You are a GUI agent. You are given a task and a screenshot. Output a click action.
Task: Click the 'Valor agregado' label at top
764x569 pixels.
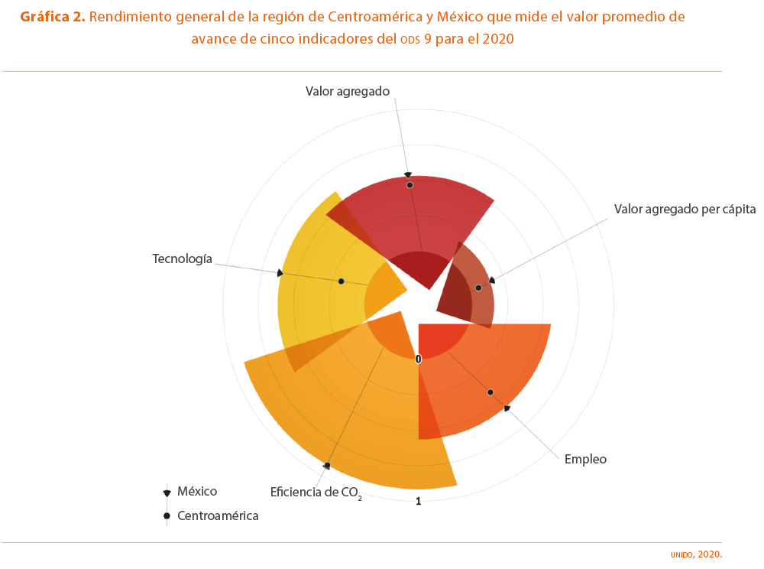(348, 91)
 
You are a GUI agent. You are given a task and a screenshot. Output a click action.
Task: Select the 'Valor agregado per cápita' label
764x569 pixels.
(685, 210)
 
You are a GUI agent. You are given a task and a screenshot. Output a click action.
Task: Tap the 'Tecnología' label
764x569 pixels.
(183, 258)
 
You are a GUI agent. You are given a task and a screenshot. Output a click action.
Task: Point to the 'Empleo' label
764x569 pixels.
(585, 460)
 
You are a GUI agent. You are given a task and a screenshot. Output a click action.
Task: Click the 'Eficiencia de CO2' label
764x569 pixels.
(316, 493)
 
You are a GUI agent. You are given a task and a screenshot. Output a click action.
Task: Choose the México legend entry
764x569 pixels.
(191, 492)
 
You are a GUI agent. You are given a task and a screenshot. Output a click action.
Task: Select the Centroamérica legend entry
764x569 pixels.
(211, 516)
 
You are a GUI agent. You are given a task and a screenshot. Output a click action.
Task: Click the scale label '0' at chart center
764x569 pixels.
(418, 359)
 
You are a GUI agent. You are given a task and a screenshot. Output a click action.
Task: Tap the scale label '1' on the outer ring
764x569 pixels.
(418, 501)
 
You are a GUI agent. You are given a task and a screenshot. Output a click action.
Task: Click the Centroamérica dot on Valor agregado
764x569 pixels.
(410, 185)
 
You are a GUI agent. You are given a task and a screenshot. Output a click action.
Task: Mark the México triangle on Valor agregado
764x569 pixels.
(408, 175)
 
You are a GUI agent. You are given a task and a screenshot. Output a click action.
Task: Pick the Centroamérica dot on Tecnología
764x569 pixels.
(341, 281)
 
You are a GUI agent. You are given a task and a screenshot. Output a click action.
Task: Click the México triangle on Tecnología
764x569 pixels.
(280, 273)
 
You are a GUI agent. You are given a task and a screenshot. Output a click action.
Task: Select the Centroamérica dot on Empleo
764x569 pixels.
(490, 392)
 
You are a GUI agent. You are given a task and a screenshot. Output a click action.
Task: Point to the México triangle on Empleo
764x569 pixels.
(507, 408)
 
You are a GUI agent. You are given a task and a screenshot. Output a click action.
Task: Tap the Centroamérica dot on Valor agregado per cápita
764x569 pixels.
(478, 288)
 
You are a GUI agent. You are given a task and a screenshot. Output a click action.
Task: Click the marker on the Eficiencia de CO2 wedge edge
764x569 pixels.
(327, 466)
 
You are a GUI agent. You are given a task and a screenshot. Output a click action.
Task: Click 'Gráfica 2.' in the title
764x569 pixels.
(53, 17)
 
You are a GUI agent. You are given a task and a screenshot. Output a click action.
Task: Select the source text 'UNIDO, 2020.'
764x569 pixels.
(696, 554)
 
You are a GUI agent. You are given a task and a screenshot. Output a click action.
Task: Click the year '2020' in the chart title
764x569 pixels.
(497, 39)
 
